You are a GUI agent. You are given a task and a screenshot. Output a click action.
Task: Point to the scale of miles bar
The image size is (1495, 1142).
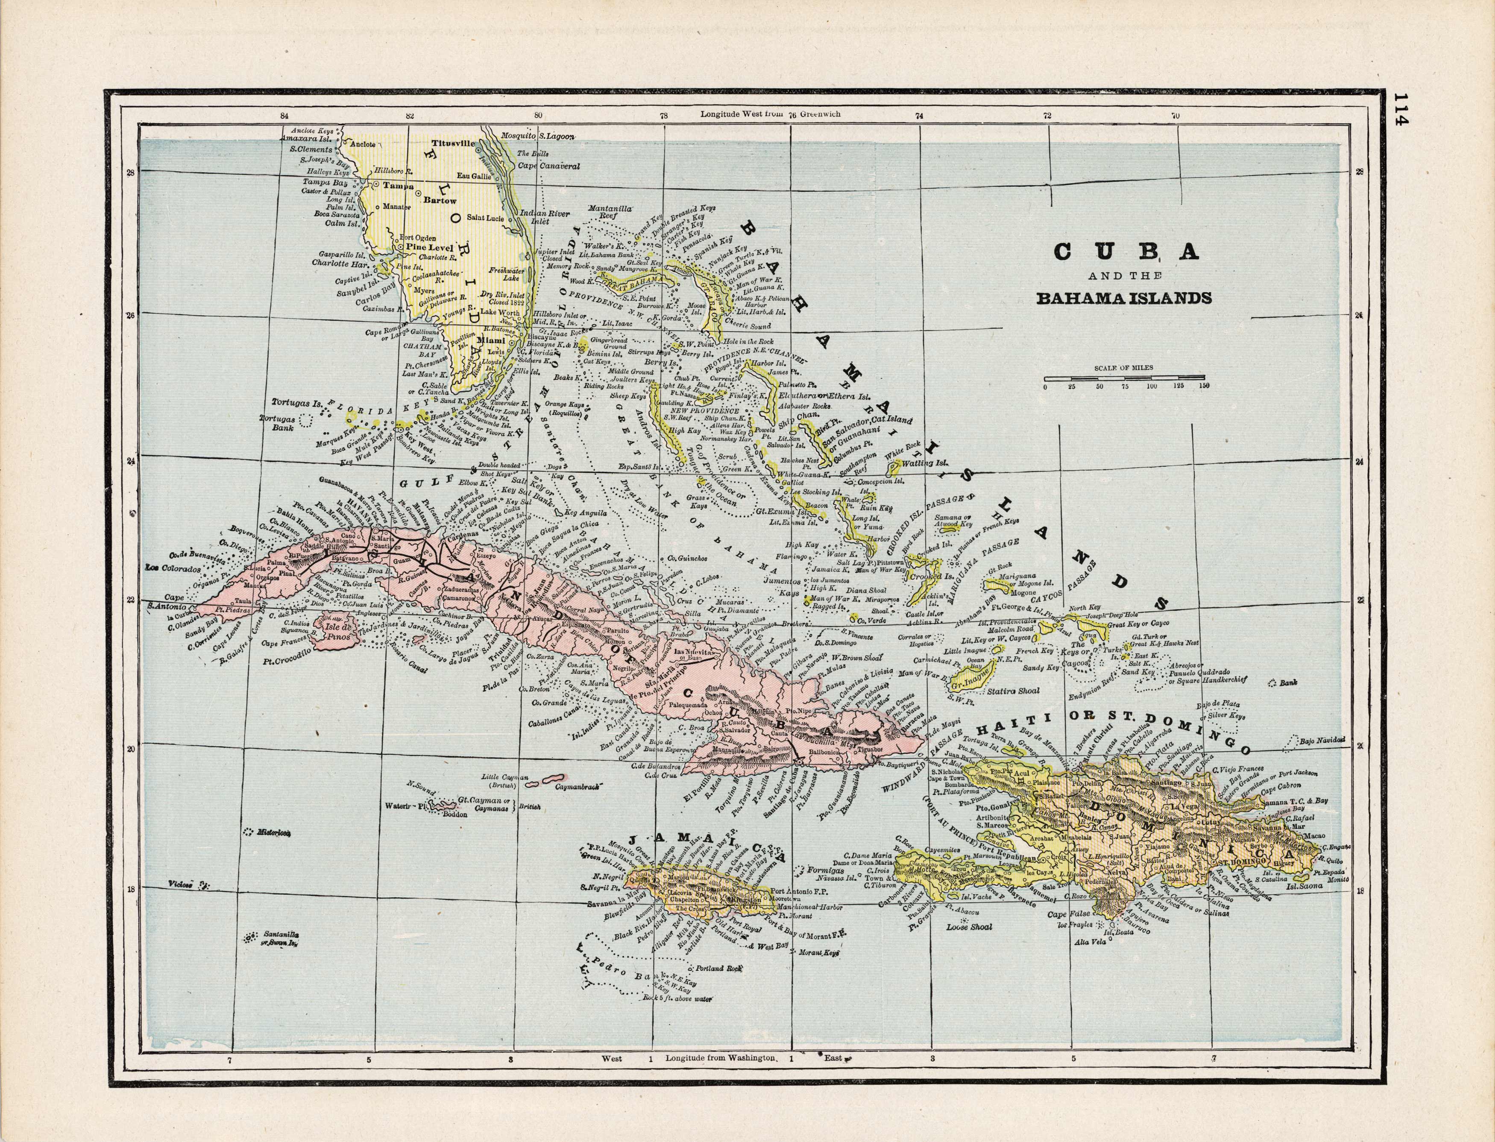[1125, 377]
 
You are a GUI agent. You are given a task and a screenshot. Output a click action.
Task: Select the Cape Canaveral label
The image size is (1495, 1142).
[548, 165]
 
